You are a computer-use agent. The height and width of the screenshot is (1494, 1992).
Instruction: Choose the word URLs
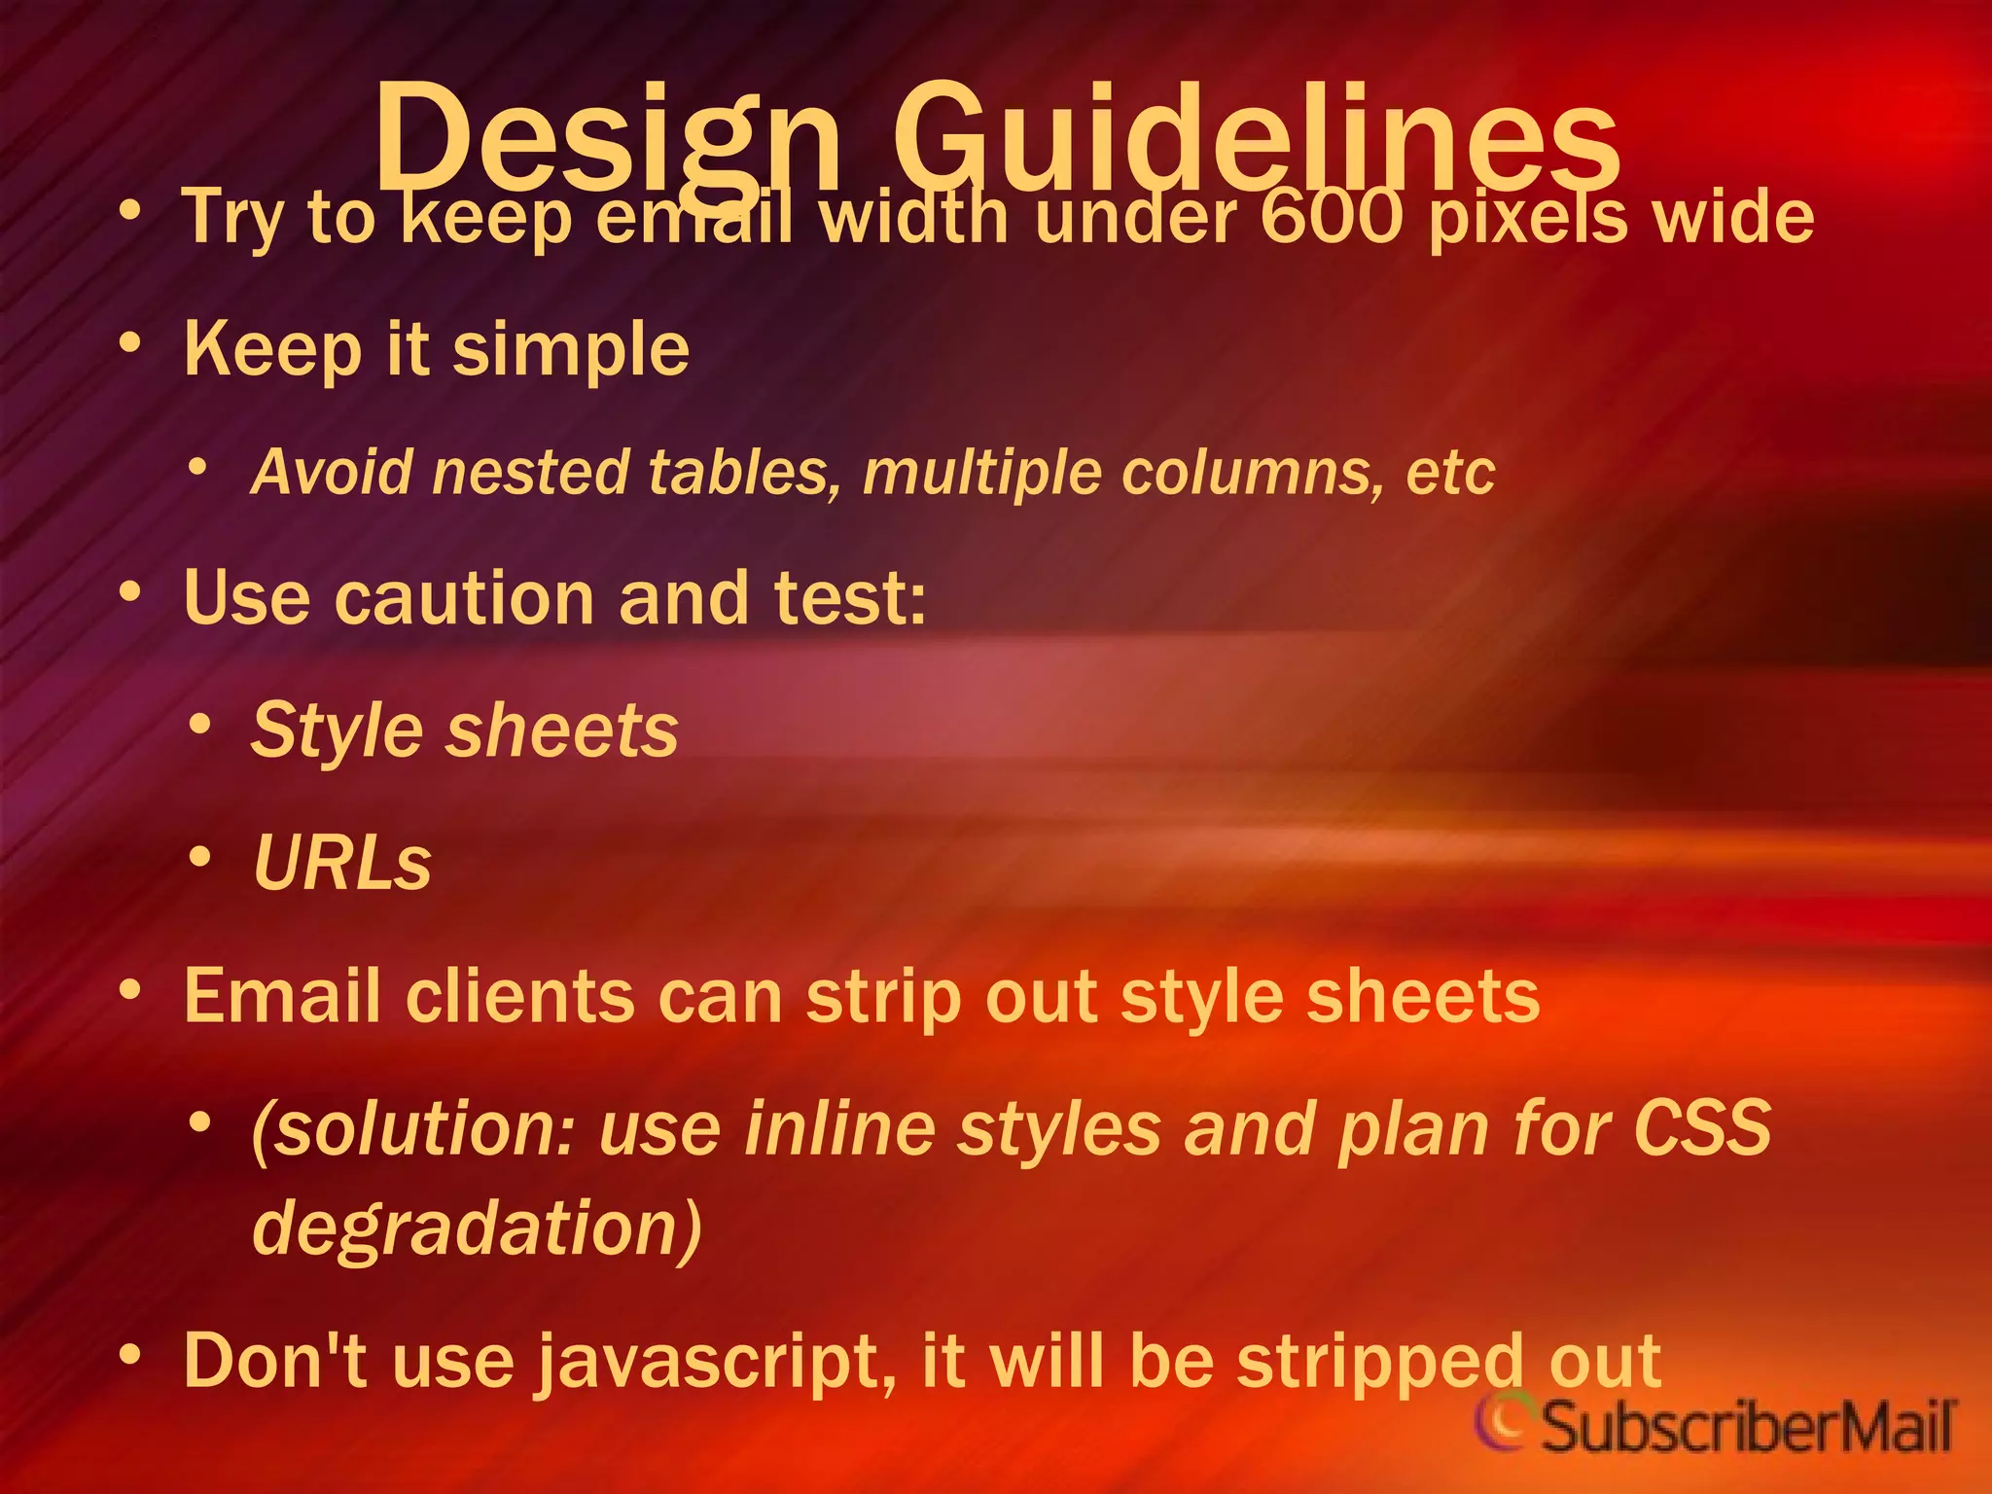[x=341, y=863]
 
